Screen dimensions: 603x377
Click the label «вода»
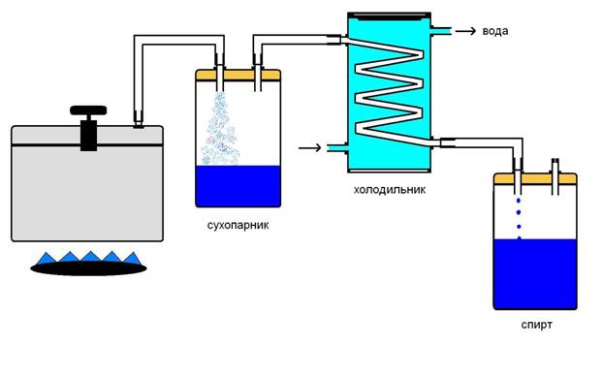coord(495,31)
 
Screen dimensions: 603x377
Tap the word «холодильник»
coord(390,189)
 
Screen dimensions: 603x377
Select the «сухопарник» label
coord(238,225)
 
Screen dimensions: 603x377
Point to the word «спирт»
coord(536,325)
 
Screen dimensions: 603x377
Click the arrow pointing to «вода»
coord(465,31)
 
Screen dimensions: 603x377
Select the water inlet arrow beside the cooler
coord(309,147)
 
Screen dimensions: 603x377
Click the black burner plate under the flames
coord(88,268)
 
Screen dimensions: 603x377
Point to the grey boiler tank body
coord(87,192)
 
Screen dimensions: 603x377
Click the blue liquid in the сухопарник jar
coord(238,186)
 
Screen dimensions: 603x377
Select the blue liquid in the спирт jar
coord(535,273)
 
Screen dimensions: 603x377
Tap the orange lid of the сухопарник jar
coord(238,75)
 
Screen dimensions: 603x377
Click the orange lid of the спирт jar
coord(535,178)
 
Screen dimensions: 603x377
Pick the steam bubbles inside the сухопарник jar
coord(220,129)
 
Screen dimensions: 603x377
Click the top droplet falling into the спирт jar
coord(519,201)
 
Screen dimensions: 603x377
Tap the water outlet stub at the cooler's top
coord(441,31)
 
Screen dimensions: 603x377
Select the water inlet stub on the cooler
coord(337,147)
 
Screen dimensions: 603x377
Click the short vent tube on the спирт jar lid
coord(555,176)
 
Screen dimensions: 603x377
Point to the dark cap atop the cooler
coord(389,16)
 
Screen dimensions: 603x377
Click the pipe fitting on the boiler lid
coord(139,119)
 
